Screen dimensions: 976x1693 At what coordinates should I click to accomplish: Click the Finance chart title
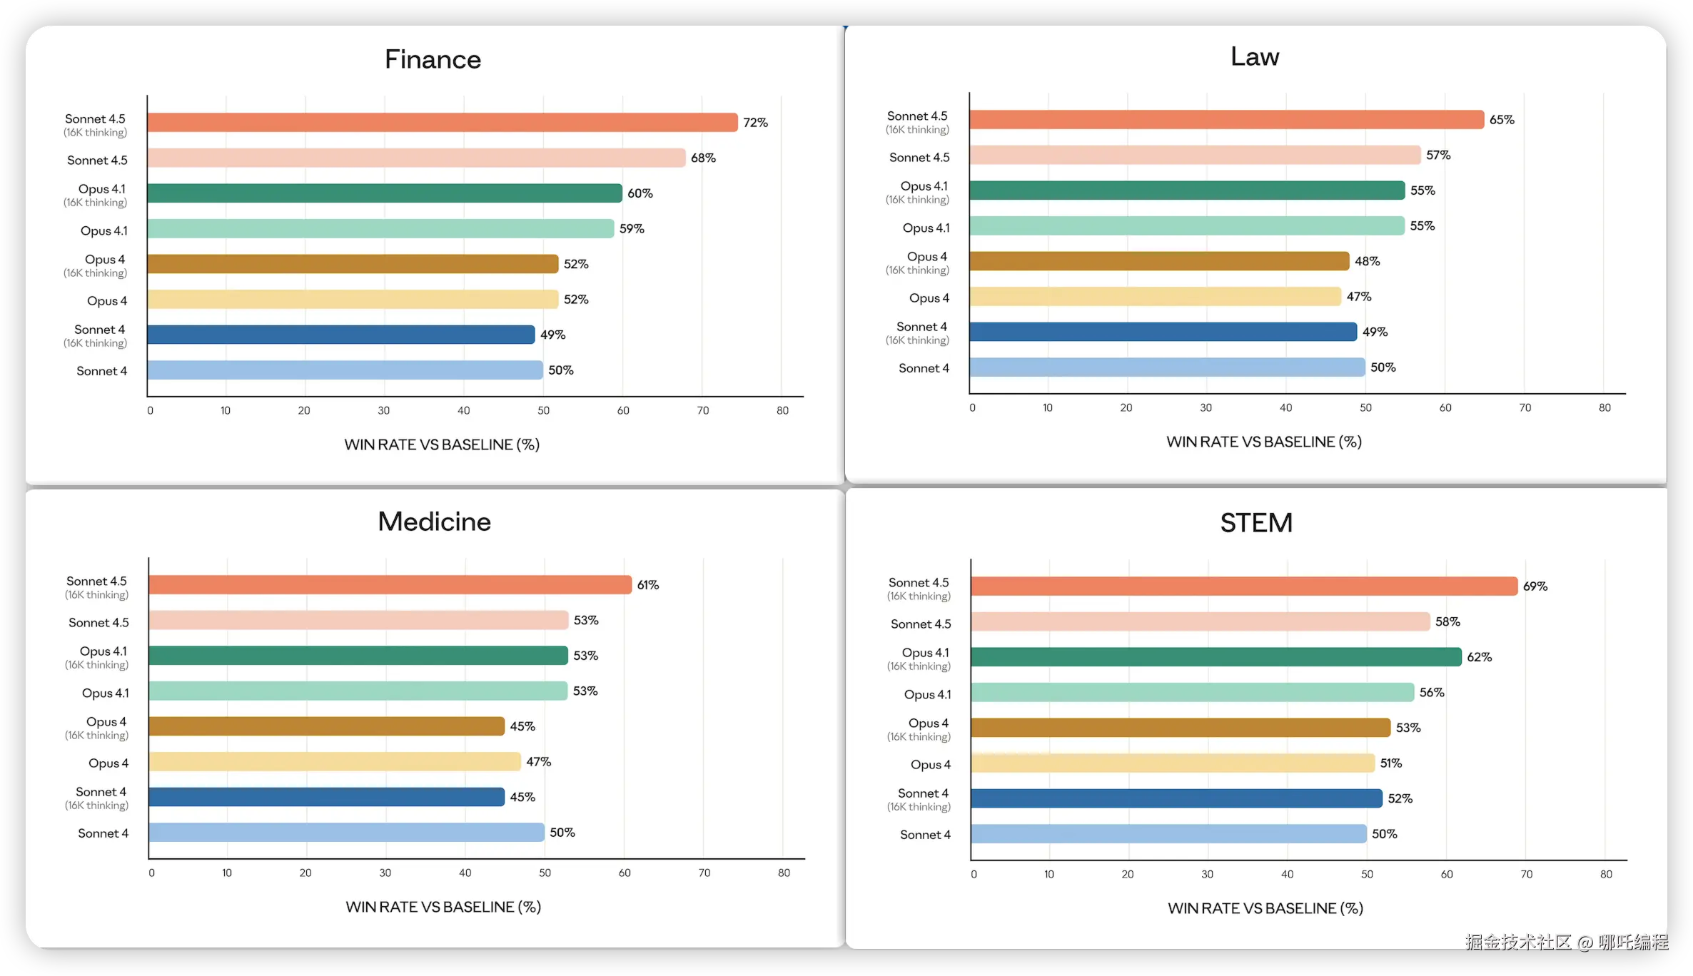coord(433,59)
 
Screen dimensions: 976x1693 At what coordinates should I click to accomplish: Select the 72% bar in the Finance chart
coord(442,123)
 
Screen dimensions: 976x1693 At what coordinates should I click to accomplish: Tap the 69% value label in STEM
coord(1535,586)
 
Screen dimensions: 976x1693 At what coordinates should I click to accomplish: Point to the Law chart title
coord(1255,56)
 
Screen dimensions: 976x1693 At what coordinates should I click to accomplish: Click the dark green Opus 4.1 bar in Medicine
coord(358,656)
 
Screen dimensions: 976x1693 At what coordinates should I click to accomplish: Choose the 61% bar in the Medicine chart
coord(390,585)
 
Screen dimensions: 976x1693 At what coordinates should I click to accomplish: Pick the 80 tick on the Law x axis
coord(1604,408)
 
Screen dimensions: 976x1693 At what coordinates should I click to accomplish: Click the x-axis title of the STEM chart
coord(1265,908)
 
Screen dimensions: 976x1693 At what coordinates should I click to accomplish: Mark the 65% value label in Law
coord(1502,120)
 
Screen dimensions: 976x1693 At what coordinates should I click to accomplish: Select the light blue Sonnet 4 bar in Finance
coord(345,370)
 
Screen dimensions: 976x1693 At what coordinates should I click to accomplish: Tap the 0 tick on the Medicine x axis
coord(151,873)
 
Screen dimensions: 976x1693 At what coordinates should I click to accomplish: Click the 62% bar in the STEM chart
coord(1216,657)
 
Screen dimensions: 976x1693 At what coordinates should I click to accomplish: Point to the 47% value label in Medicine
coord(538,762)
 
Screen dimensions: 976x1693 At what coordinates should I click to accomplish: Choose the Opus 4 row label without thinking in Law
coord(929,298)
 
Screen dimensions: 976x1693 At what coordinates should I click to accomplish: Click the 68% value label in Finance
coord(703,158)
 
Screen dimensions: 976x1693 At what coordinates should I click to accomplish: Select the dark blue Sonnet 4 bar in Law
coord(1163,332)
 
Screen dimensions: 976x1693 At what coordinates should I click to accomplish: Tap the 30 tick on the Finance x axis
coord(384,411)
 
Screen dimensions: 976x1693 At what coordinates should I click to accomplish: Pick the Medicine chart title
coord(434,522)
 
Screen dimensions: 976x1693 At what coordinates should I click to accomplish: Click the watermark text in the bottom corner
coord(1566,942)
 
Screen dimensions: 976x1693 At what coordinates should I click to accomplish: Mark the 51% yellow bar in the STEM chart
coord(1172,763)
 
